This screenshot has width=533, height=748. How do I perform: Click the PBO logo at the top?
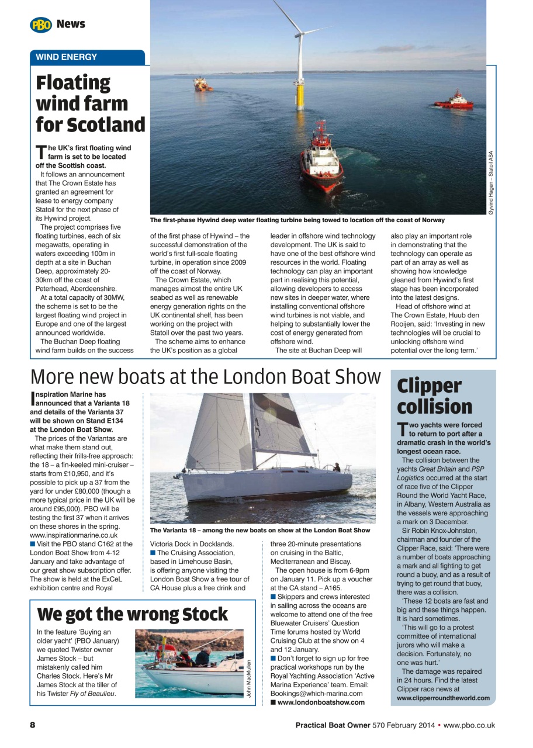click(x=41, y=25)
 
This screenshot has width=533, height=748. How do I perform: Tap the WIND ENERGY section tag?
click(x=67, y=57)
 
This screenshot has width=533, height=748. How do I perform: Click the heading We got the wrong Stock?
click(x=132, y=615)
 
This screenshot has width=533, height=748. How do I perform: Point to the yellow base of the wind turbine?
click(x=300, y=93)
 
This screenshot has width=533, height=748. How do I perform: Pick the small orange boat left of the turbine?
click(x=203, y=85)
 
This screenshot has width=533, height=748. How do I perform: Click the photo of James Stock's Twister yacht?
click(x=189, y=663)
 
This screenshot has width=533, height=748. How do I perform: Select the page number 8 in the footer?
click(x=33, y=725)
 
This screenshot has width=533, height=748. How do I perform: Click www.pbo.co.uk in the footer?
click(x=469, y=725)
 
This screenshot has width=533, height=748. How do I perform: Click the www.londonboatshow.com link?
click(x=321, y=702)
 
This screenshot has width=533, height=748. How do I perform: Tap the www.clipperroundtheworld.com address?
click(x=443, y=698)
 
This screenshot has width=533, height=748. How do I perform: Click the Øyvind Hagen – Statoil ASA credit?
click(x=491, y=182)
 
